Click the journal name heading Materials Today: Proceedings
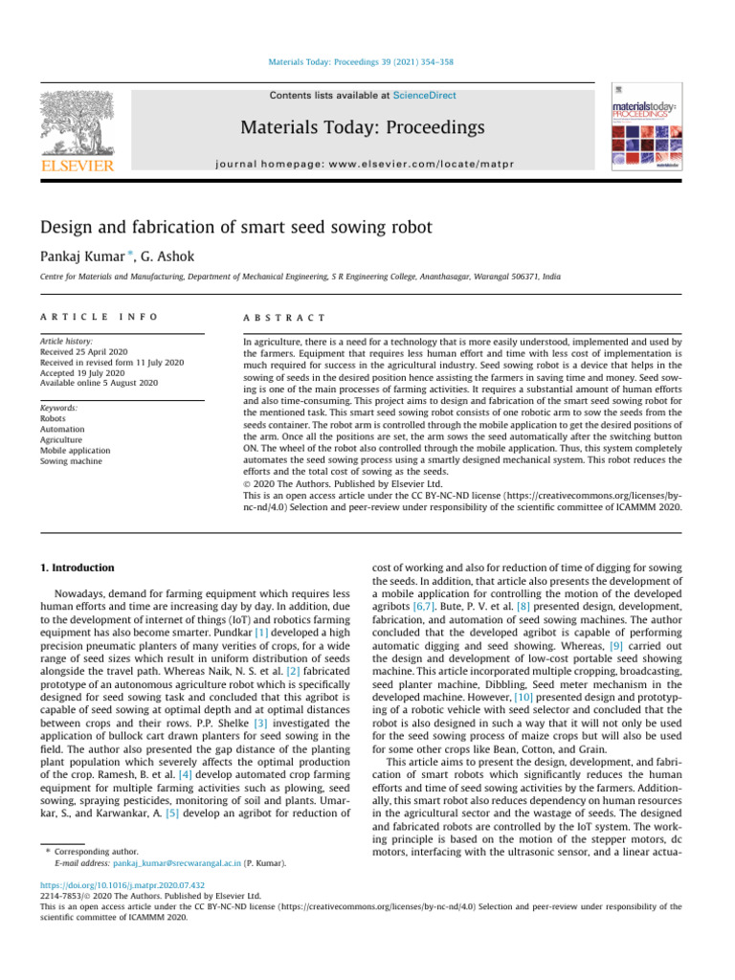(362, 127)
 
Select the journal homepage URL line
(362, 164)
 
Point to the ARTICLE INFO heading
(100, 316)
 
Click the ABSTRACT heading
(285, 316)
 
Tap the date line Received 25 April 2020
(83, 350)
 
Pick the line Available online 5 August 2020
(99, 382)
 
